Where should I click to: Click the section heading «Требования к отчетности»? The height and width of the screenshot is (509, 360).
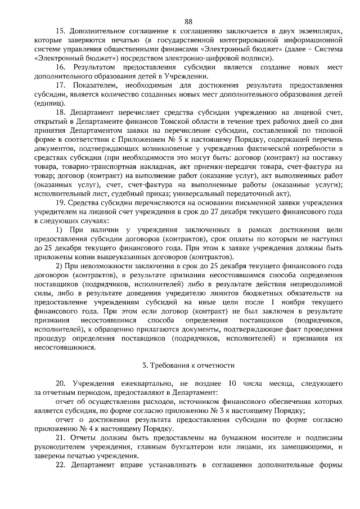point(188,365)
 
